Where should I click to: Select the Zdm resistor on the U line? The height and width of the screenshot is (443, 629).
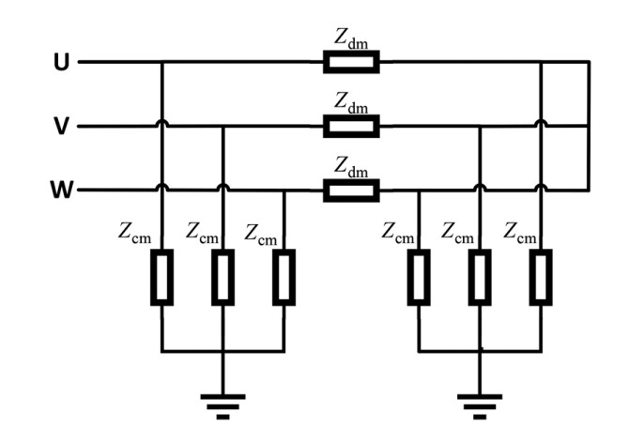(x=351, y=63)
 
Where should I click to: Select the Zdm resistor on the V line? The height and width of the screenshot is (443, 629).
(x=351, y=127)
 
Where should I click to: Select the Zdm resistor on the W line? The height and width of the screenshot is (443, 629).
(x=351, y=191)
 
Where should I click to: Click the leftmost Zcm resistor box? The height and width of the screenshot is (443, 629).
(x=162, y=277)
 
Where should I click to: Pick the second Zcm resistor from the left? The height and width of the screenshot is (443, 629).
(x=222, y=277)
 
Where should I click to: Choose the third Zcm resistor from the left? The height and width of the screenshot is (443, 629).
(x=284, y=277)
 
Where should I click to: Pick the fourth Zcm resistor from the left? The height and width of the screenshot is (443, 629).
(x=419, y=277)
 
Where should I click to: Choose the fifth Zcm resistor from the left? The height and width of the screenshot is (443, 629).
(x=480, y=277)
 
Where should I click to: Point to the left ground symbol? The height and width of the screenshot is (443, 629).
(x=222, y=404)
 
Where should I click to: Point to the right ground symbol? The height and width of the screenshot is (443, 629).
(x=480, y=404)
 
